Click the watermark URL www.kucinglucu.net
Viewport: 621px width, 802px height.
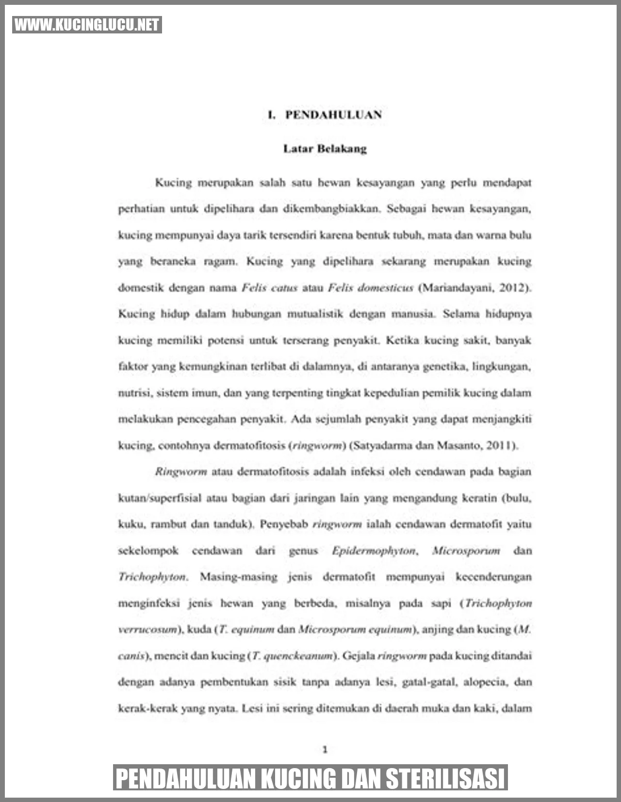87,25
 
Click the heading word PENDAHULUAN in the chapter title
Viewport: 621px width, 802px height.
334,115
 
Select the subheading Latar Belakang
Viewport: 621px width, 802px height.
325,149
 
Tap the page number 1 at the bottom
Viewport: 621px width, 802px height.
325,750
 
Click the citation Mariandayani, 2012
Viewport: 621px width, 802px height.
474,288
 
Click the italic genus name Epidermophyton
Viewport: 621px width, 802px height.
374,550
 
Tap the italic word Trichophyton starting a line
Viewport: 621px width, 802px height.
152,577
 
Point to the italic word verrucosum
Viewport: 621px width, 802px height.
147,629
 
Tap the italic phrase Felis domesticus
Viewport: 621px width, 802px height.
371,288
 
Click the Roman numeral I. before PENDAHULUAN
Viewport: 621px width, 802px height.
272,115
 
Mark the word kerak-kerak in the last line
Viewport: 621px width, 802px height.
147,708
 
